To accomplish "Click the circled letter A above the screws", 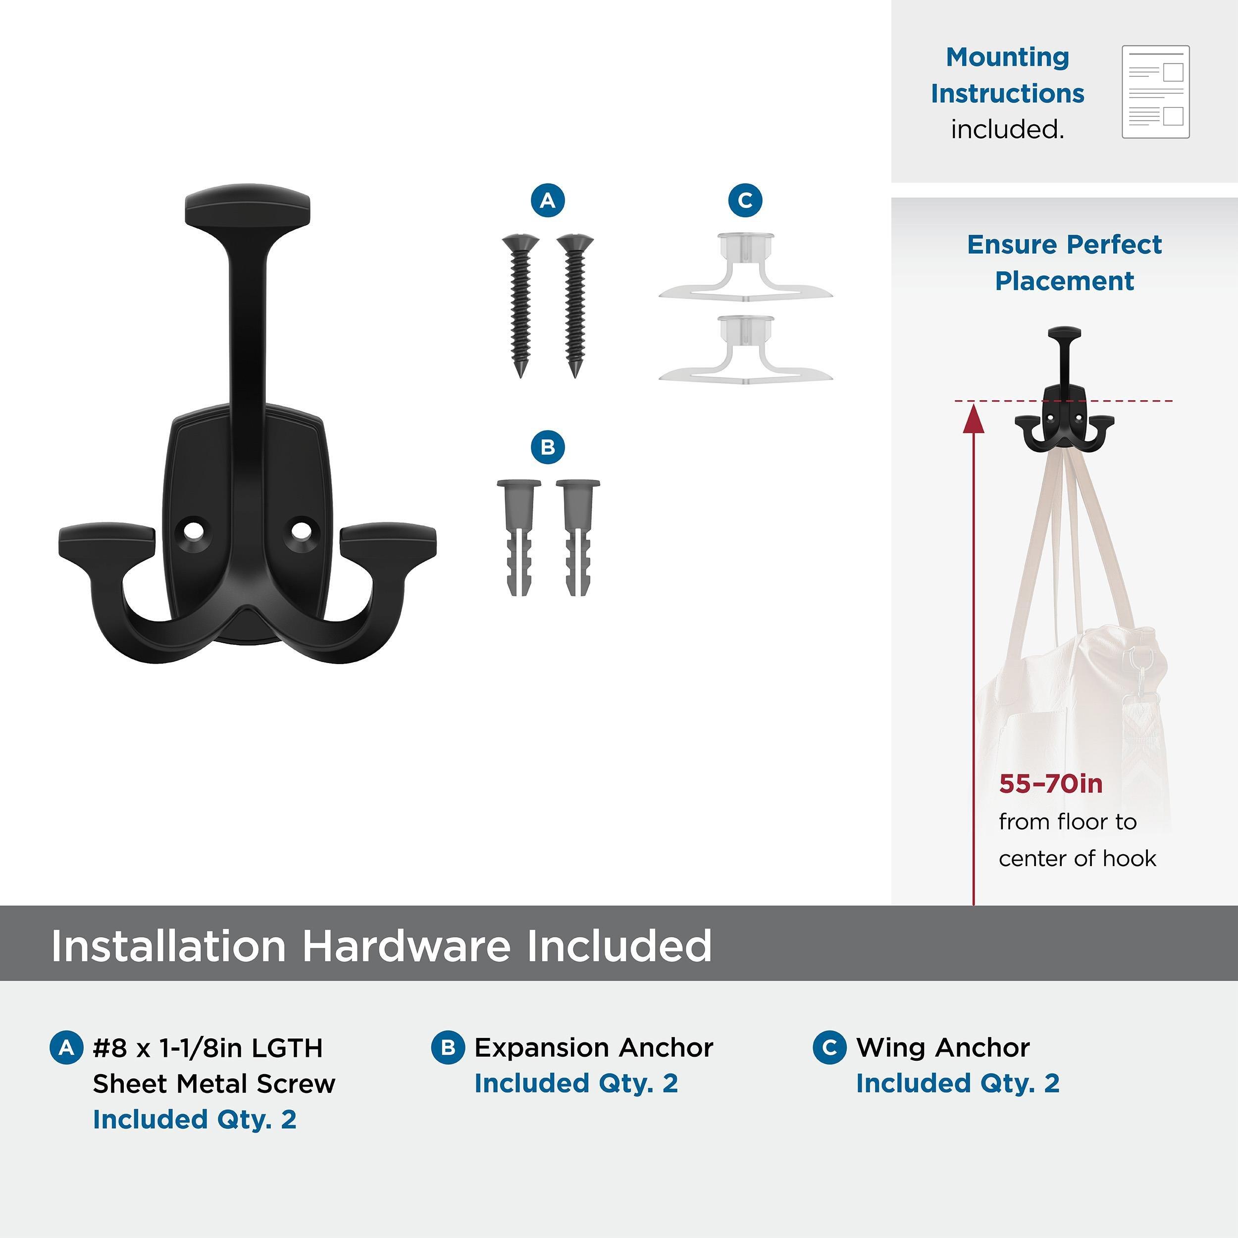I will (x=548, y=201).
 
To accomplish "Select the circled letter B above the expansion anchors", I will (x=548, y=447).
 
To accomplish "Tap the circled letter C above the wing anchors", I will (x=745, y=201).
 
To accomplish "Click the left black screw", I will (x=520, y=305).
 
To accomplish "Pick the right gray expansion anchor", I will (x=578, y=537).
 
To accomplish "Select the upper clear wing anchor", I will (x=745, y=268).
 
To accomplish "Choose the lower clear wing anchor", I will (x=745, y=351).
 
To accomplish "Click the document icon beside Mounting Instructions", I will (x=1155, y=92).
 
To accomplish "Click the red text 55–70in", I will (x=1050, y=784).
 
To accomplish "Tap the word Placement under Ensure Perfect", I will (x=1064, y=281).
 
